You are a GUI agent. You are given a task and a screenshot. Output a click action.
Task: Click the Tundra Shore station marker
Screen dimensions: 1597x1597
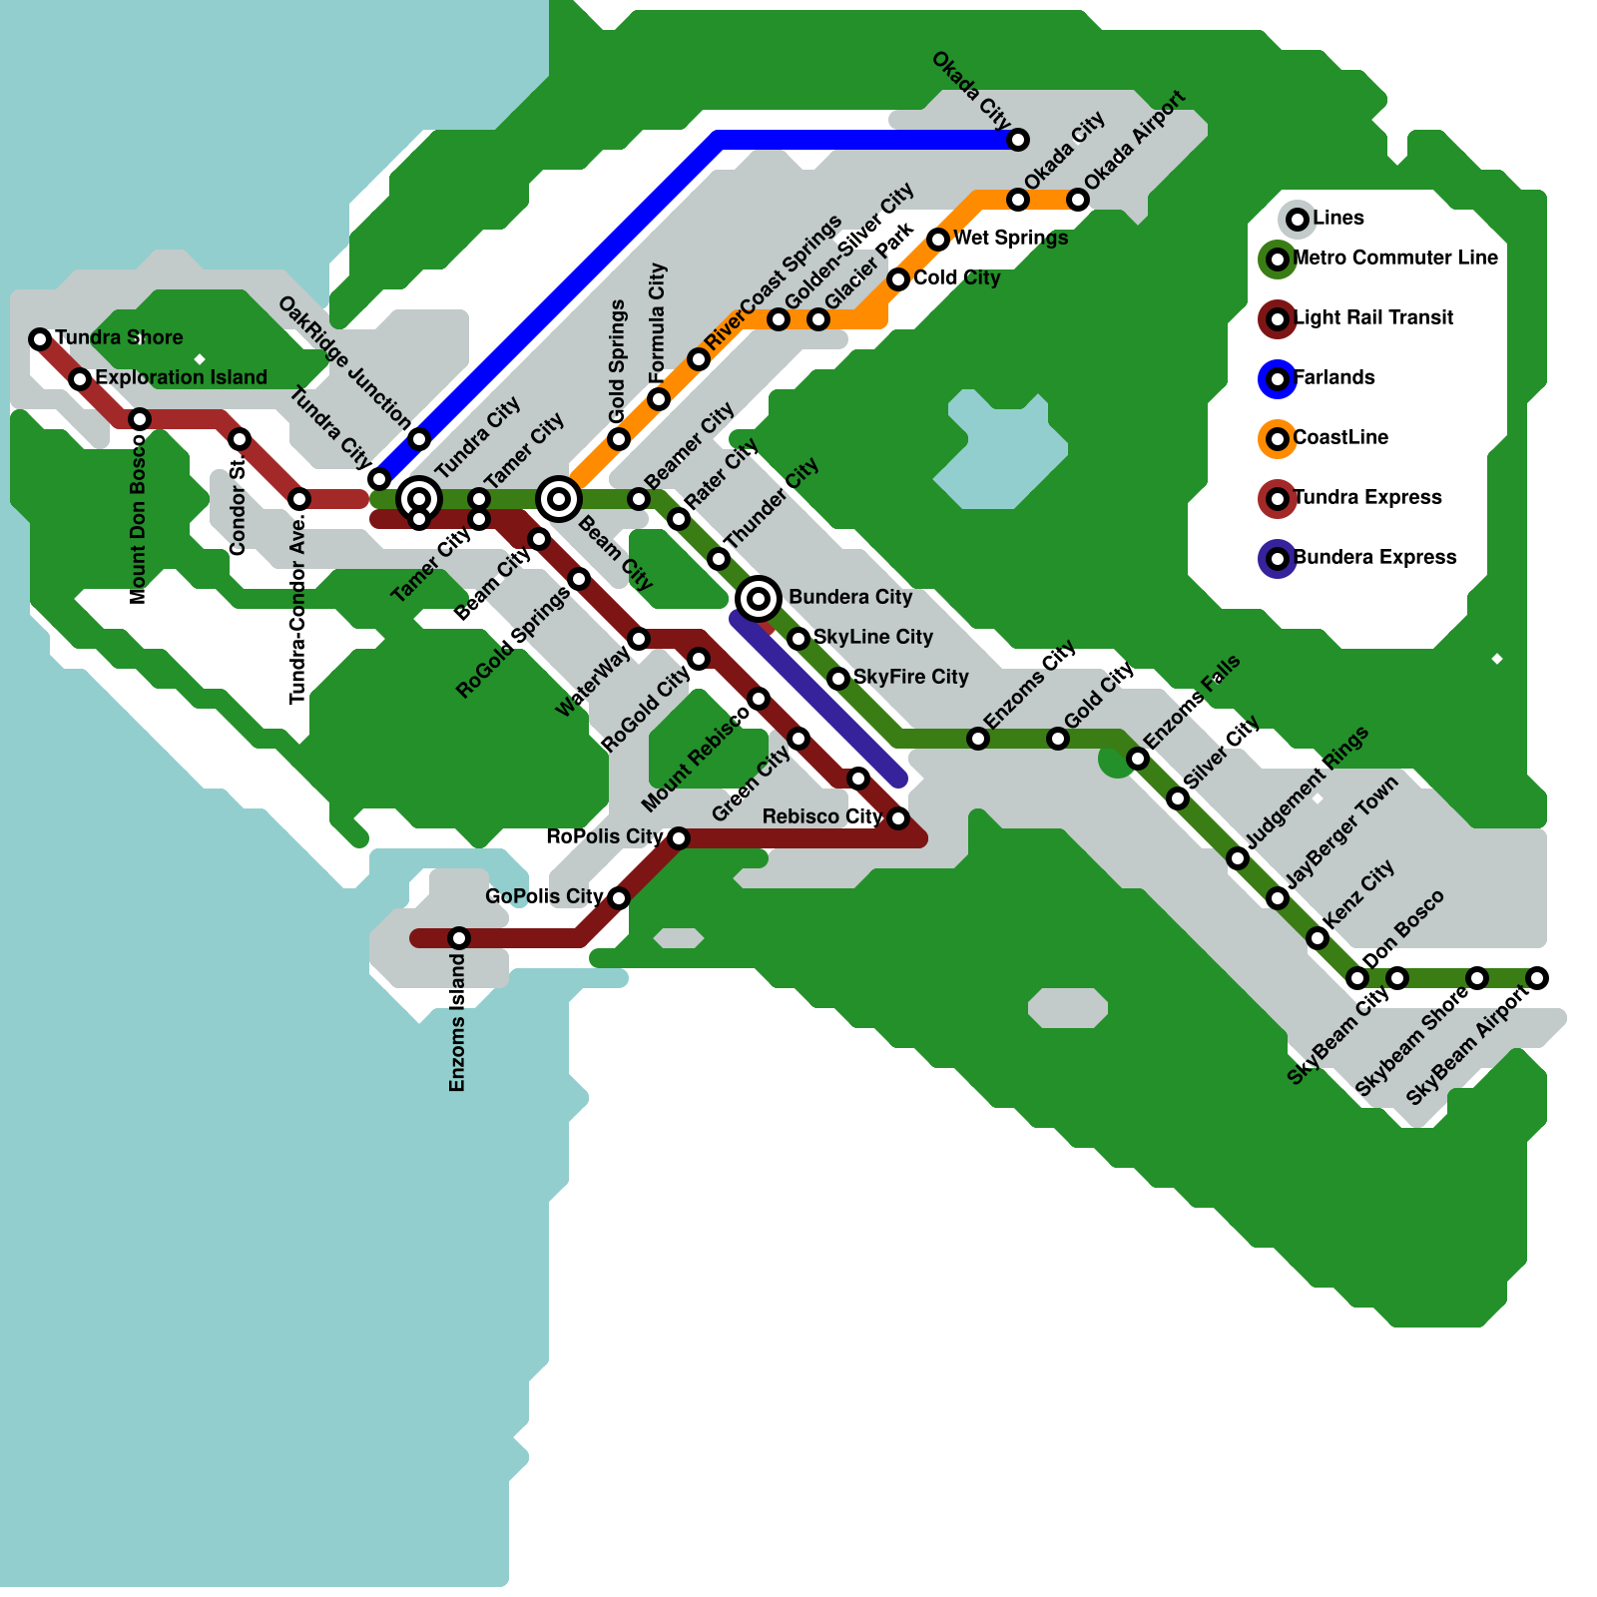click(40, 339)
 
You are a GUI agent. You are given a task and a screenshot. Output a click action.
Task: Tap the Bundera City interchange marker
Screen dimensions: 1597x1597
click(759, 599)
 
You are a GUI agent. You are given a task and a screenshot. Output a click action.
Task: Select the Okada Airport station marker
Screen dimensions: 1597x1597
click(1078, 200)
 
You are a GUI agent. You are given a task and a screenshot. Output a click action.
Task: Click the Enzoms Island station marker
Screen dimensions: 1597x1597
click(459, 938)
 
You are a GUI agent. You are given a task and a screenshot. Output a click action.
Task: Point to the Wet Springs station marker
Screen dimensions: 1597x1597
click(938, 240)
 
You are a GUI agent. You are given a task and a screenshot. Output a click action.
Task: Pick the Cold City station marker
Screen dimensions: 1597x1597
click(898, 279)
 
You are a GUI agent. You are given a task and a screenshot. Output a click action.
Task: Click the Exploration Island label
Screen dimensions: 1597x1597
click(182, 377)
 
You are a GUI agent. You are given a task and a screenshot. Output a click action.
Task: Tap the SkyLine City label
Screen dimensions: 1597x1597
click(873, 637)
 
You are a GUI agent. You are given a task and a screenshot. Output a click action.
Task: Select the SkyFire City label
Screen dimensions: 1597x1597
click(911, 677)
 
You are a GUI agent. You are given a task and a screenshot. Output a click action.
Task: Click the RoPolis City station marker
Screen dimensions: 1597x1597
click(679, 838)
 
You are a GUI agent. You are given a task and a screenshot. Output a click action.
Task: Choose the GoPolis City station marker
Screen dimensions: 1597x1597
click(619, 898)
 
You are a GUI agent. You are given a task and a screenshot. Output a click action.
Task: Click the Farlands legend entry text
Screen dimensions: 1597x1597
click(1334, 377)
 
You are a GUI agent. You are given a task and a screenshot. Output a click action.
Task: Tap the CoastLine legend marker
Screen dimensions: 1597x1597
click(1278, 439)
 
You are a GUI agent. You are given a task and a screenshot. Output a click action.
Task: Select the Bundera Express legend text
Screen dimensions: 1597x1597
click(1375, 557)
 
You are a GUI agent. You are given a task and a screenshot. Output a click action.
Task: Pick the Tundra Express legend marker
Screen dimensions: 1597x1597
click(1278, 499)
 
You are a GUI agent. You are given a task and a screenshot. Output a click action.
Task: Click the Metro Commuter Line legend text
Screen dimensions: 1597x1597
click(1395, 258)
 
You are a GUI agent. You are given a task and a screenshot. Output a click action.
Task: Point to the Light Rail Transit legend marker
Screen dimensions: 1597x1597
click(1278, 319)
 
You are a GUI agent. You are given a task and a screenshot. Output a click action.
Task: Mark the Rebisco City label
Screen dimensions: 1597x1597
click(822, 816)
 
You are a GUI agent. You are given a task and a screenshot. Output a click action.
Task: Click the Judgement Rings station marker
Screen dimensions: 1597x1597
click(1238, 858)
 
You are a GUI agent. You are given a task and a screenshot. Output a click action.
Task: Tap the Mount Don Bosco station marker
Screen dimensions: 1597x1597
click(140, 419)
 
